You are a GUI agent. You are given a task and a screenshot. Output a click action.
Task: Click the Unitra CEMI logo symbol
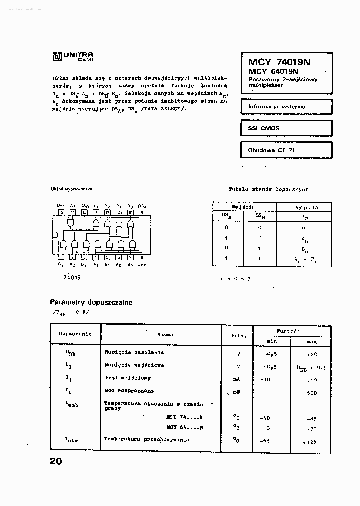click(56, 57)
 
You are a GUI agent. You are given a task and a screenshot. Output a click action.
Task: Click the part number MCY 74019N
click(279, 62)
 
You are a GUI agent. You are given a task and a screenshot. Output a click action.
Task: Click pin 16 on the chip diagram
click(61, 212)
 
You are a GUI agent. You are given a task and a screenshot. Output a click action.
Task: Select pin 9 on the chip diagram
click(142, 212)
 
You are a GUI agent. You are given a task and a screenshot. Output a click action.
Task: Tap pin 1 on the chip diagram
click(61, 257)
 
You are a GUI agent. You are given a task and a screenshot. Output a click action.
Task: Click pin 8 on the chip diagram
click(142, 257)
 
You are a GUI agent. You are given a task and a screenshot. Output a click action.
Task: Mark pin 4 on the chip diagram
click(96, 257)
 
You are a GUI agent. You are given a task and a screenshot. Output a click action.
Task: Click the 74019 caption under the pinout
click(72, 277)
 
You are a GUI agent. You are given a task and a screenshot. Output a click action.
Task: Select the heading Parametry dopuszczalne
click(91, 302)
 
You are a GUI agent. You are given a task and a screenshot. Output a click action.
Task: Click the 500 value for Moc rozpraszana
click(312, 393)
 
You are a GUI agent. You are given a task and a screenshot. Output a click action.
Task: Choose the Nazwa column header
click(165, 334)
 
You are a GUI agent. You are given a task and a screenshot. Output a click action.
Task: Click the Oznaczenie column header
click(75, 334)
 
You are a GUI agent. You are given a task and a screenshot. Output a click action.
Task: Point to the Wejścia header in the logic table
click(243, 207)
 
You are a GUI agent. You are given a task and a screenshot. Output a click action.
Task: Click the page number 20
click(56, 461)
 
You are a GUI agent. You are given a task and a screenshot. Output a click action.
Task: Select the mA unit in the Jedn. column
click(237, 379)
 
